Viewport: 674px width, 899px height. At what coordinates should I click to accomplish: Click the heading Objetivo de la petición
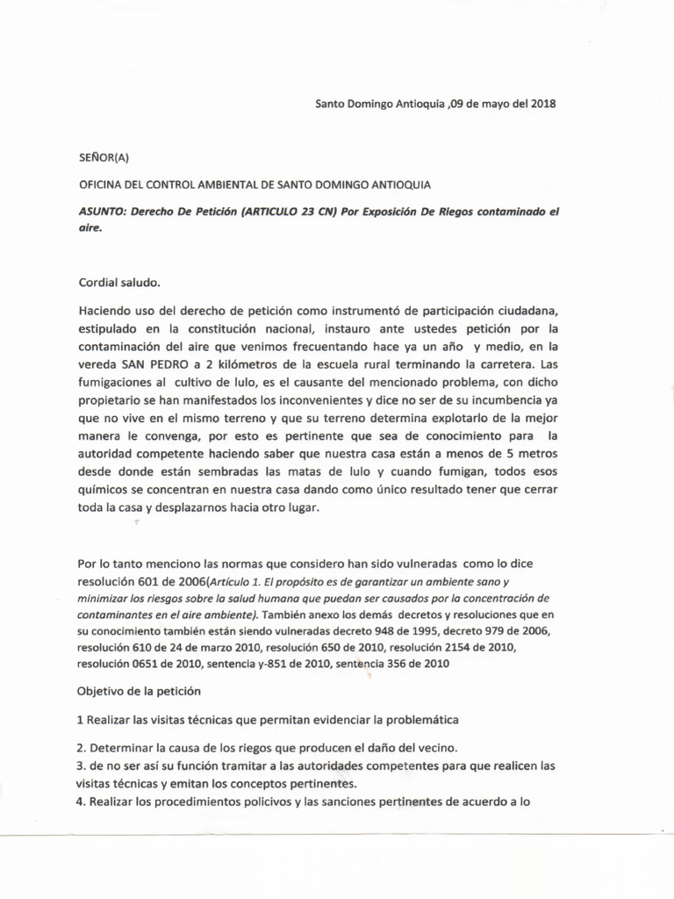(140, 691)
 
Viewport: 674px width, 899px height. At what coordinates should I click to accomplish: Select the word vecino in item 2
(439, 748)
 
